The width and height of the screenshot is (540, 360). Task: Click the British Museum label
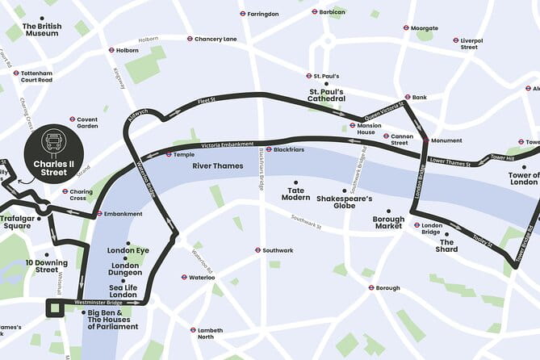click(42, 30)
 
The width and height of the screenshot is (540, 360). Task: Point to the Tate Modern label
click(295, 195)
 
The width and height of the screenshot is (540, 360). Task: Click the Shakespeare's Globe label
click(344, 201)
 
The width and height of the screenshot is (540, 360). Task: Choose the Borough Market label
click(387, 222)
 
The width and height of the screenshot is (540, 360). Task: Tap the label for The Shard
click(448, 245)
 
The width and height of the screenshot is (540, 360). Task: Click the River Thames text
click(217, 165)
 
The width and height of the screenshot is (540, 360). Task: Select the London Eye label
click(128, 250)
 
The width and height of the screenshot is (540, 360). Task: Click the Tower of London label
click(522, 179)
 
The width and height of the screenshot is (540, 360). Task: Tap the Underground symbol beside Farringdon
click(242, 14)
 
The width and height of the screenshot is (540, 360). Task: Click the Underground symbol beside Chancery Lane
click(190, 39)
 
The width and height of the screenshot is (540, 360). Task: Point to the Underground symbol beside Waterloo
click(182, 278)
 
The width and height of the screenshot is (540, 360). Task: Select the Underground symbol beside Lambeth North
click(193, 330)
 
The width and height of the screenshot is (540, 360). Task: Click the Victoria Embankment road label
click(213, 147)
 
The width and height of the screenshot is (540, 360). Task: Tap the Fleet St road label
click(207, 101)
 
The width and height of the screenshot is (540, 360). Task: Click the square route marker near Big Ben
click(55, 308)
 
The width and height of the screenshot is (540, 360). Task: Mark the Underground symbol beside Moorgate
click(406, 28)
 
